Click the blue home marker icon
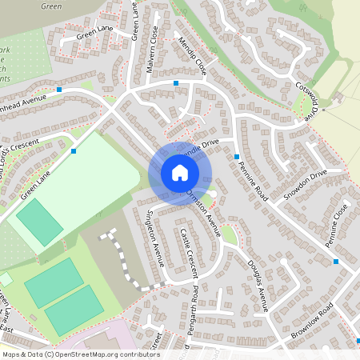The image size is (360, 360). (179, 172)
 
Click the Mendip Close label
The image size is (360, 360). (193, 55)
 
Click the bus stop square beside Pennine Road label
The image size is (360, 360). (238, 156)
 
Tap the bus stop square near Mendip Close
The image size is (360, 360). (176, 82)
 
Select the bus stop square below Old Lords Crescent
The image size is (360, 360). (74, 150)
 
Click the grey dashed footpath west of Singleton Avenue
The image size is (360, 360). (124, 256)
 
